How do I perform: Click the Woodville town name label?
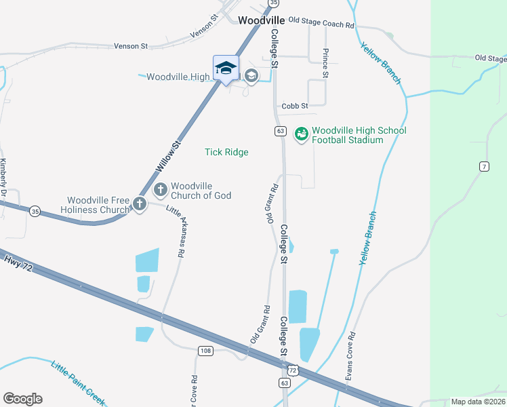tap(261, 20)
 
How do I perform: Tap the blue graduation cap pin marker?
tap(226, 68)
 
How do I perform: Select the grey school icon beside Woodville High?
tap(251, 75)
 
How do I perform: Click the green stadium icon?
tap(300, 134)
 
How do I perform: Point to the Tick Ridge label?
tap(226, 152)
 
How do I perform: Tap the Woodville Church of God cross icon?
tap(161, 189)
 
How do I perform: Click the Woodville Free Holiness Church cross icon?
tap(140, 203)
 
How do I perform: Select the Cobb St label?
tap(294, 106)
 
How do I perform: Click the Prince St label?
tap(325, 63)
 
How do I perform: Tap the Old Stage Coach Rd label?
tap(321, 24)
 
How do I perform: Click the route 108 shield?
tap(206, 351)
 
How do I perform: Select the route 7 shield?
tap(484, 166)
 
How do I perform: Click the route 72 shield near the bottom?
tap(291, 370)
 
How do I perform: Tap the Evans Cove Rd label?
tap(350, 359)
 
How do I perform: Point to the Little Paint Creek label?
tap(77, 382)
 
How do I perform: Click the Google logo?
tap(22, 399)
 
